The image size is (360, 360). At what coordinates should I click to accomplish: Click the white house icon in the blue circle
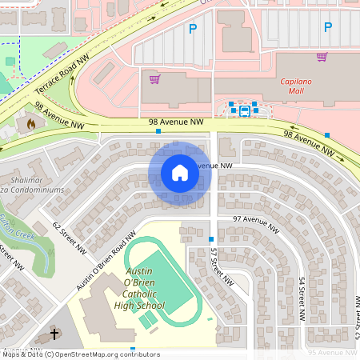pyautogui.click(x=180, y=173)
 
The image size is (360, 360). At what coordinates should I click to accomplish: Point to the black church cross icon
pyautogui.click(x=55, y=334)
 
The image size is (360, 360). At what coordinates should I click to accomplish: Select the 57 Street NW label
pyautogui.click(x=220, y=267)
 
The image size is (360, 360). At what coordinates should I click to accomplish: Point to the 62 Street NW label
pyautogui.click(x=69, y=238)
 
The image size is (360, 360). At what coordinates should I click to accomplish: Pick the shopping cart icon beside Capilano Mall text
pyautogui.click(x=322, y=57)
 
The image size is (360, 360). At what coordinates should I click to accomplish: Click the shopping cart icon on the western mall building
pyautogui.click(x=155, y=78)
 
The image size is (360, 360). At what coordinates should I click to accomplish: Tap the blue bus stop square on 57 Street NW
pyautogui.click(x=211, y=239)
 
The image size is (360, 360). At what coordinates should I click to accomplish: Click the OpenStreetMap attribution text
pyautogui.click(x=80, y=354)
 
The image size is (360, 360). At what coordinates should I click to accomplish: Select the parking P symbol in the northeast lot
pyautogui.click(x=327, y=28)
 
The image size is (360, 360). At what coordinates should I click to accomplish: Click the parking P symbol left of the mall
pyautogui.click(x=191, y=29)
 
